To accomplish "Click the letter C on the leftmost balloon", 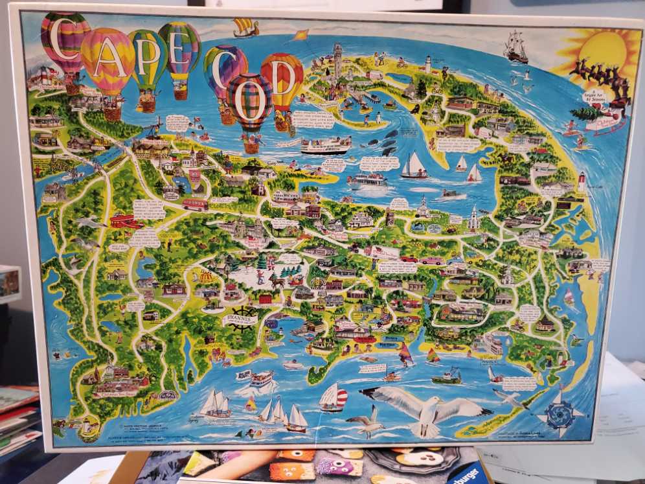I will point(65,38).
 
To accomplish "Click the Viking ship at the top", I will point(246,27).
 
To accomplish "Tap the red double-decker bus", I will point(195,205).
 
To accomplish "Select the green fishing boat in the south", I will point(446,376).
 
